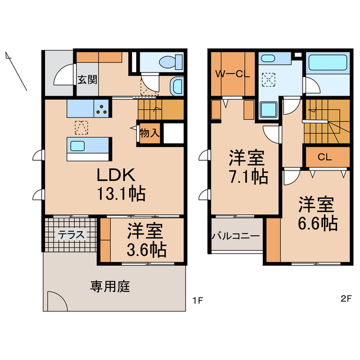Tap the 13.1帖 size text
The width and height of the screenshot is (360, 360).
[x=115, y=194]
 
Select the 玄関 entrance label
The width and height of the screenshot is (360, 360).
[x=87, y=79]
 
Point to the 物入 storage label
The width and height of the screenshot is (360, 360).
[x=150, y=133]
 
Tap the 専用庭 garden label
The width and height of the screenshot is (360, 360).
[x=110, y=287]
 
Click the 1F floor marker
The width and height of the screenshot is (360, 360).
[x=197, y=300]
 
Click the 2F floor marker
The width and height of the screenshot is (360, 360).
[x=345, y=300]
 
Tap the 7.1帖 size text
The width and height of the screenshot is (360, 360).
[x=247, y=176]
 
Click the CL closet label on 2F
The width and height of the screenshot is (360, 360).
[x=324, y=157]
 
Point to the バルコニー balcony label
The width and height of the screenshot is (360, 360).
[x=236, y=236]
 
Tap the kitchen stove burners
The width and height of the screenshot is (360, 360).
[x=101, y=107]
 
